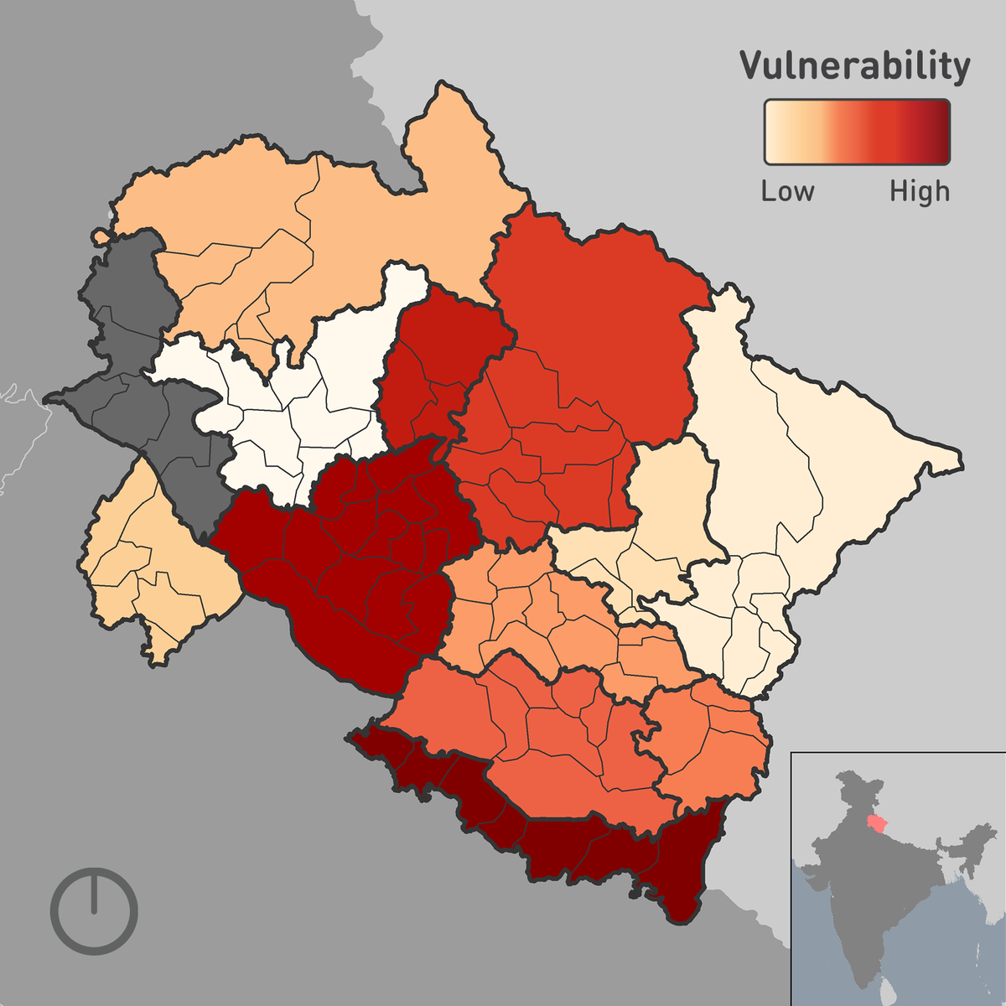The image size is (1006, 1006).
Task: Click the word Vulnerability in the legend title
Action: pyautogui.click(x=854, y=66)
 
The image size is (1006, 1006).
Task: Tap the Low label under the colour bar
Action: pyautogui.click(x=787, y=191)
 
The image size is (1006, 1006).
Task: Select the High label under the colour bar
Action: pyautogui.click(x=920, y=192)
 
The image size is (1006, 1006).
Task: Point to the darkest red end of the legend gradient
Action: pyautogui.click(x=941, y=132)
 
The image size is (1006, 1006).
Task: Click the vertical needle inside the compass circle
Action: pyautogui.click(x=94, y=891)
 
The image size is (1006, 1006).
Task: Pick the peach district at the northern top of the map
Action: pyautogui.click(x=335, y=218)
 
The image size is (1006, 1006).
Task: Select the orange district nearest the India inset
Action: pyautogui.click(x=713, y=746)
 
